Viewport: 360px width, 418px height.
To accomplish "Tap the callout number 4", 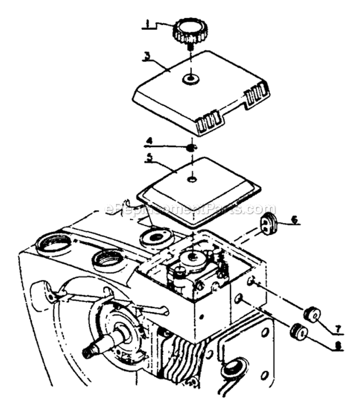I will (149, 141).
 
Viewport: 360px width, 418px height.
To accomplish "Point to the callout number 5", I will (150, 158).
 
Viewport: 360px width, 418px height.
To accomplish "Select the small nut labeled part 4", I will (191, 147).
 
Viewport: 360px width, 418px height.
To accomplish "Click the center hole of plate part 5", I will (192, 179).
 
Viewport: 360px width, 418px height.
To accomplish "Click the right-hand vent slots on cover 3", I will (256, 95).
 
